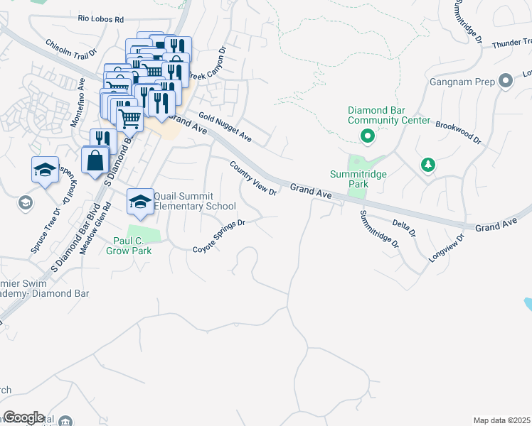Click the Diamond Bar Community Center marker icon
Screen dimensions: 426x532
[368, 136]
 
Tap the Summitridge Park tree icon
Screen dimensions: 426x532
[427, 165]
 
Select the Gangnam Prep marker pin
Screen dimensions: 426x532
[506, 81]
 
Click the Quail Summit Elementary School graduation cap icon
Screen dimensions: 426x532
[140, 201]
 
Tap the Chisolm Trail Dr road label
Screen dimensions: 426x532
[70, 49]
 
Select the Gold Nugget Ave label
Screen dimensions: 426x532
[225, 126]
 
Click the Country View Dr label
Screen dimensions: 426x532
[252, 178]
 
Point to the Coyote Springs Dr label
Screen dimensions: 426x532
[219, 236]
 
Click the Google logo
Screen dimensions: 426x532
[23, 417]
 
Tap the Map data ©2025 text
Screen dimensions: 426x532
[501, 420]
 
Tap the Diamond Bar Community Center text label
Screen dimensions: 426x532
[388, 115]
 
